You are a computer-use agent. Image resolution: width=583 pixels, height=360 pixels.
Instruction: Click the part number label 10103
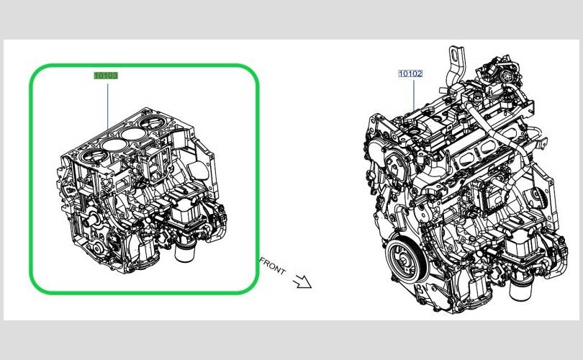click(106, 76)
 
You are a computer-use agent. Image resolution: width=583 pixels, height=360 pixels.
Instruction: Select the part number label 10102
click(410, 73)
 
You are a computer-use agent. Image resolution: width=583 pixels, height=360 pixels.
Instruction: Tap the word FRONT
click(273, 266)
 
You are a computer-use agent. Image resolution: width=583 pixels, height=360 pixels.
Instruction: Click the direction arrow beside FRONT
click(302, 282)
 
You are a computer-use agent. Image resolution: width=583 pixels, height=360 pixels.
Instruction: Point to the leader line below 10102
click(414, 96)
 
